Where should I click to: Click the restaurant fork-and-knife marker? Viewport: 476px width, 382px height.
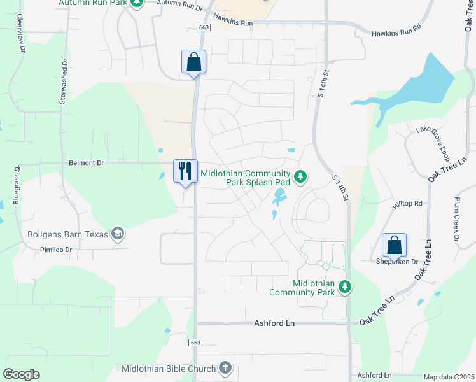[x=185, y=171]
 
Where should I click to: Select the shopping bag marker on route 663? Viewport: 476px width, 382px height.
[x=193, y=62]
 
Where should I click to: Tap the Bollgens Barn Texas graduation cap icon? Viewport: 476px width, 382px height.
[x=117, y=234]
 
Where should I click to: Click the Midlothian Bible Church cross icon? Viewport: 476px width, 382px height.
[x=225, y=367]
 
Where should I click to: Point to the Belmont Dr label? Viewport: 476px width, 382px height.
[x=86, y=163]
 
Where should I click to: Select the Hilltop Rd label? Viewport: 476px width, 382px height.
[x=408, y=204]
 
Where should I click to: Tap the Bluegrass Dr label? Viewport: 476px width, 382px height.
[x=17, y=185]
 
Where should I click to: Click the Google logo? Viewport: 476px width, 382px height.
[x=22, y=374]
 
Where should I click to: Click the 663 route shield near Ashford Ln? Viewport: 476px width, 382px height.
[x=195, y=342]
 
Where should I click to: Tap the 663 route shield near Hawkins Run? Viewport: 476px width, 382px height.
[x=204, y=27]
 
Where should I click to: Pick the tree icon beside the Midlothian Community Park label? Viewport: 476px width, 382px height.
[x=345, y=287]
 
